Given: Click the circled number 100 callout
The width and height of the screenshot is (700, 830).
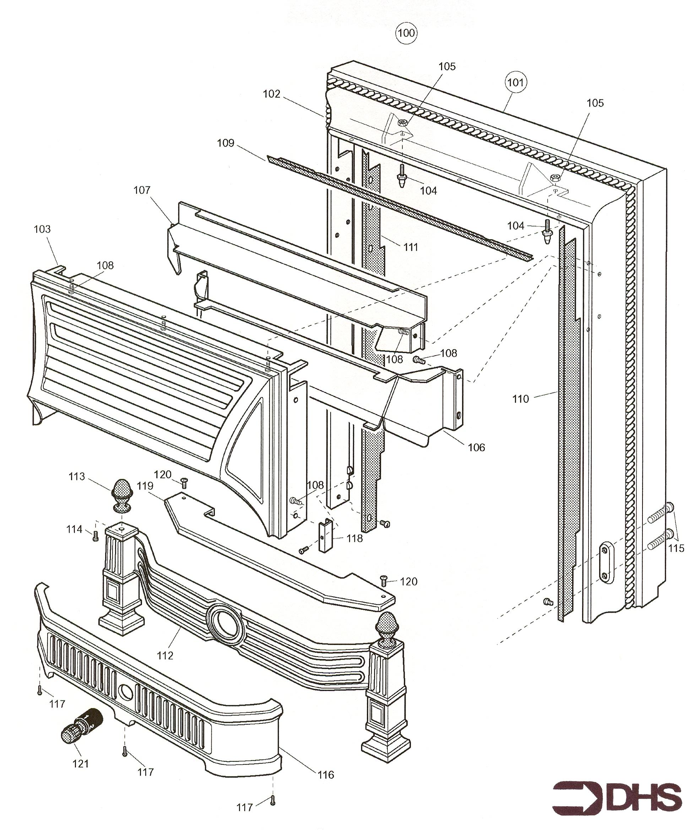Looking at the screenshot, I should pos(406,33).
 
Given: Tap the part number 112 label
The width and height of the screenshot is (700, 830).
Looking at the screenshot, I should pos(165,656).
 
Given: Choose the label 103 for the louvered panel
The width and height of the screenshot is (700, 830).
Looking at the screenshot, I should pos(42,229).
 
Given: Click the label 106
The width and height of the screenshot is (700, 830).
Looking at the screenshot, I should pos(476,447).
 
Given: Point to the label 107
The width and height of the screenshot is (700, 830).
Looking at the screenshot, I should pos(142,190).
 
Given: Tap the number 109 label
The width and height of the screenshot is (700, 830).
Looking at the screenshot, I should pos(226,143).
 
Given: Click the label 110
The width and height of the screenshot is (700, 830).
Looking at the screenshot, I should pos(520,399).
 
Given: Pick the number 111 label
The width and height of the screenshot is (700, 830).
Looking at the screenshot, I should pos(411,247).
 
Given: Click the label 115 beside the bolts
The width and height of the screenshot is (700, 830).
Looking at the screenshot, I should pos(676,548).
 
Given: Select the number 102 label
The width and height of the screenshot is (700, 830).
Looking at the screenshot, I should pos(271,94).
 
